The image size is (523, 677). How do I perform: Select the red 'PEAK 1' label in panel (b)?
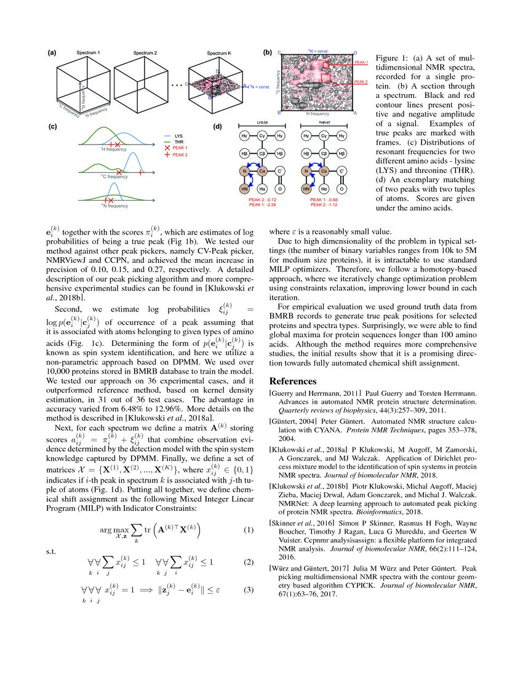click(x=361, y=63)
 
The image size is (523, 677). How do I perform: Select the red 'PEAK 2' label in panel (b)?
click(x=361, y=82)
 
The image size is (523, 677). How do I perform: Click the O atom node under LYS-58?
click(x=280, y=190)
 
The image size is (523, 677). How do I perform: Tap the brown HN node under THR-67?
click(x=306, y=190)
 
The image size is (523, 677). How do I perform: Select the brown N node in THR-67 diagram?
click(x=306, y=172)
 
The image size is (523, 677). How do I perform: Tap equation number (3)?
click(x=249, y=591)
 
